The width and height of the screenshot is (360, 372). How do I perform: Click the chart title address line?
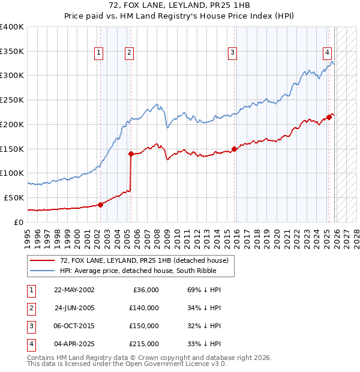tap(180, 5)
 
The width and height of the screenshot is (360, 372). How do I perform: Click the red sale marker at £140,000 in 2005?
tap(131, 154)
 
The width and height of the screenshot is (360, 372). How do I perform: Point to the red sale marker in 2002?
tap(100, 205)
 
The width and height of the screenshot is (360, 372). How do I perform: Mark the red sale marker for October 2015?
tap(234, 149)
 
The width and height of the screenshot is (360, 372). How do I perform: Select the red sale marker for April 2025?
tap(329, 117)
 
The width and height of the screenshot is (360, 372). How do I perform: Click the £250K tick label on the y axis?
tap(12, 100)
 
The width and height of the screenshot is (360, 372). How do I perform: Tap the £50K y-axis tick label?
tap(14, 197)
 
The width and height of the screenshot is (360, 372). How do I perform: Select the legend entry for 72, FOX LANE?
tap(144, 261)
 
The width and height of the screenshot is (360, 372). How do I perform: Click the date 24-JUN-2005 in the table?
tap(74, 308)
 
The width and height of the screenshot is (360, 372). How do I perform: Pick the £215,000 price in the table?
tap(143, 344)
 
